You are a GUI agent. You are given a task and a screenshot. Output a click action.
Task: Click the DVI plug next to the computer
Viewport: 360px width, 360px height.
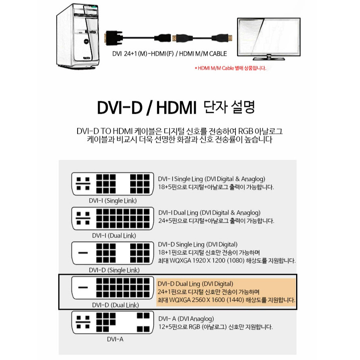click(x=114, y=38)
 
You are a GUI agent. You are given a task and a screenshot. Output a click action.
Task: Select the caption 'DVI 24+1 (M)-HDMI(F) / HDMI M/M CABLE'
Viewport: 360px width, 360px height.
click(x=170, y=54)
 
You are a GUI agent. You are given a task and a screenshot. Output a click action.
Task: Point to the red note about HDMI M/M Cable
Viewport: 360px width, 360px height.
click(x=230, y=68)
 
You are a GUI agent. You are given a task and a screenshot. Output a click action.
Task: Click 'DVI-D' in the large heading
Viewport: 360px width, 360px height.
click(x=120, y=108)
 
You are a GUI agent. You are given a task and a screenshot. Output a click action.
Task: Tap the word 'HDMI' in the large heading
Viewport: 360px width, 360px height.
click(x=176, y=108)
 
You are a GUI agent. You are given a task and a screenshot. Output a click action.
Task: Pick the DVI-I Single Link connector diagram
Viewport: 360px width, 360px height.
click(x=112, y=184)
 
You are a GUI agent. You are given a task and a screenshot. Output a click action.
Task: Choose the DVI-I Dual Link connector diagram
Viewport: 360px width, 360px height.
click(x=112, y=218)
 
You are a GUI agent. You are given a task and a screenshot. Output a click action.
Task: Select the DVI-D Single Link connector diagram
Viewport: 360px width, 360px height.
click(x=112, y=253)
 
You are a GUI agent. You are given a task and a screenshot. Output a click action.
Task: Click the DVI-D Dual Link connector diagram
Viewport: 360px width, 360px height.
click(x=112, y=288)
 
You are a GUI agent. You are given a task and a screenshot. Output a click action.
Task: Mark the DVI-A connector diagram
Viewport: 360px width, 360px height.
click(x=112, y=322)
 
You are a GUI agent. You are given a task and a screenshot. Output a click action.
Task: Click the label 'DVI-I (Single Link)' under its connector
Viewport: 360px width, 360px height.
click(x=113, y=201)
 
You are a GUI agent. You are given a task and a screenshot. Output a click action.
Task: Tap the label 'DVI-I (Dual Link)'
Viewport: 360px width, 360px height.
click(x=114, y=236)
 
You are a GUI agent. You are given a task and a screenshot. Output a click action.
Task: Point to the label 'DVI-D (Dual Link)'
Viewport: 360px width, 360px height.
click(x=115, y=305)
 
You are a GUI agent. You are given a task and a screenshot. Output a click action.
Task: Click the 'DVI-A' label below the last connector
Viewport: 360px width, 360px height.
click(x=115, y=340)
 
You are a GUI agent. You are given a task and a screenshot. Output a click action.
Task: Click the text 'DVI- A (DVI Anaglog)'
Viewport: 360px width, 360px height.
click(x=186, y=319)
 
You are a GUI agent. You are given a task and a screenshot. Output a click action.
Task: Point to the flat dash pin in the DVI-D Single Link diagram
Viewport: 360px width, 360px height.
click(x=83, y=253)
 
